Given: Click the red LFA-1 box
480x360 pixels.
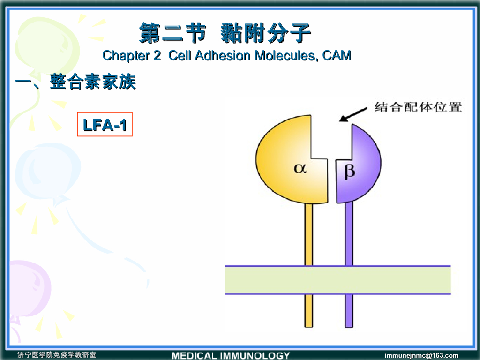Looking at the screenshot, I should (x=105, y=124).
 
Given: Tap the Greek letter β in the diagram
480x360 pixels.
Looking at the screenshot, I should (x=350, y=172).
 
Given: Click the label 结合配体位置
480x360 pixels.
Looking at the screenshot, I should (x=418, y=107).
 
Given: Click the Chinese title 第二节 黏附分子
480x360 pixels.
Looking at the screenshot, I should (x=225, y=33).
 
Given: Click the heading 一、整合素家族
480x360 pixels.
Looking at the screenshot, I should (x=75, y=83).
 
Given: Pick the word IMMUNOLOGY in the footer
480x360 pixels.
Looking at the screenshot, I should (x=255, y=355).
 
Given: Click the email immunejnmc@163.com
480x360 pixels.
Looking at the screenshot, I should (x=421, y=355).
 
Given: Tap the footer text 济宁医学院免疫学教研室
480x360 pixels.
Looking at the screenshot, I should (x=57, y=355).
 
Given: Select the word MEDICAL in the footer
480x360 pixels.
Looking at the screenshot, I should (x=194, y=355).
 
